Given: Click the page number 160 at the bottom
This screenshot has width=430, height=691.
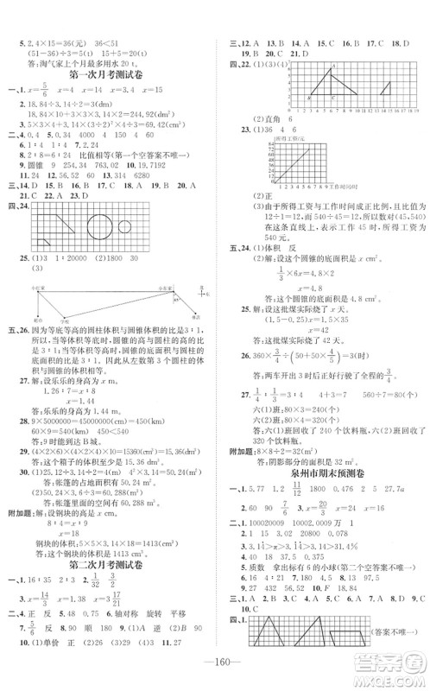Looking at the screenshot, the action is (x=214, y=674).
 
